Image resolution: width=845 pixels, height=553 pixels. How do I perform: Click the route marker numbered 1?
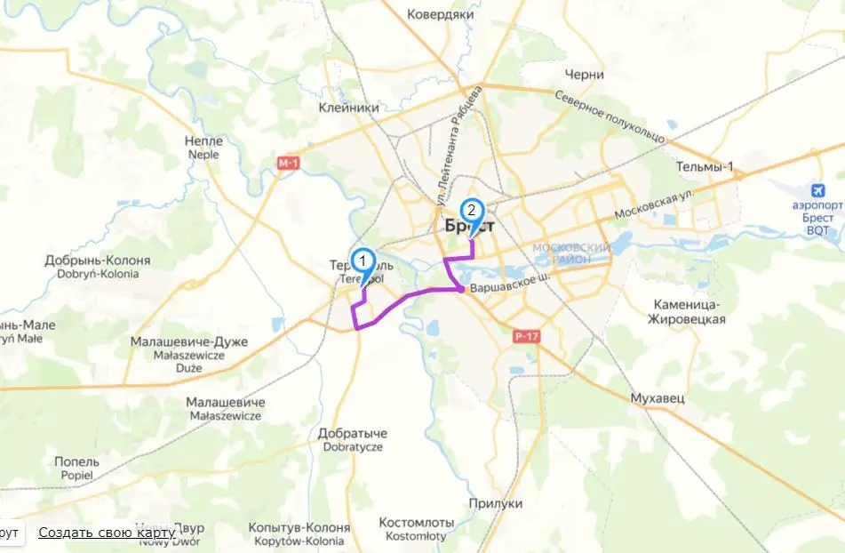362,261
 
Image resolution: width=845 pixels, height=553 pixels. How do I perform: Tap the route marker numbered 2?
471,212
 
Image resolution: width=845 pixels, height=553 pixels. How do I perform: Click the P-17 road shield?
526,336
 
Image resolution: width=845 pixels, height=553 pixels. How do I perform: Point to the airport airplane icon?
818,190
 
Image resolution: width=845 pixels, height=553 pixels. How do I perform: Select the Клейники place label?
349,108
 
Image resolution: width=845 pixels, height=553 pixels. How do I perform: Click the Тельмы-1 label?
705,167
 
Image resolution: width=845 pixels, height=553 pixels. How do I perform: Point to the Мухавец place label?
658,398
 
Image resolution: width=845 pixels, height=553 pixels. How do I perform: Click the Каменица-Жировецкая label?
687,311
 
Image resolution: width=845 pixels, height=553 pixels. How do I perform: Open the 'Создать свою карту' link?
107,533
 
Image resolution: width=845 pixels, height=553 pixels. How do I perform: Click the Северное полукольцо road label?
610,116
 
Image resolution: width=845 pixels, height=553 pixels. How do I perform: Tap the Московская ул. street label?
654,205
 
